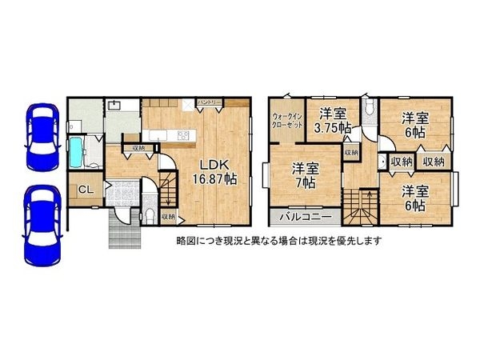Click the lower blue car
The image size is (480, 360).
tap(39, 225)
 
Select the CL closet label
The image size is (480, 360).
tap(83, 191)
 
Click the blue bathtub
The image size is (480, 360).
tap(77, 153)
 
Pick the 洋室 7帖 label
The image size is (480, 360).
tap(302, 175)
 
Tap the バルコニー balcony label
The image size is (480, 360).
tap(300, 217)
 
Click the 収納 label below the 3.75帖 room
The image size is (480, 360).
tap(351, 152)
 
